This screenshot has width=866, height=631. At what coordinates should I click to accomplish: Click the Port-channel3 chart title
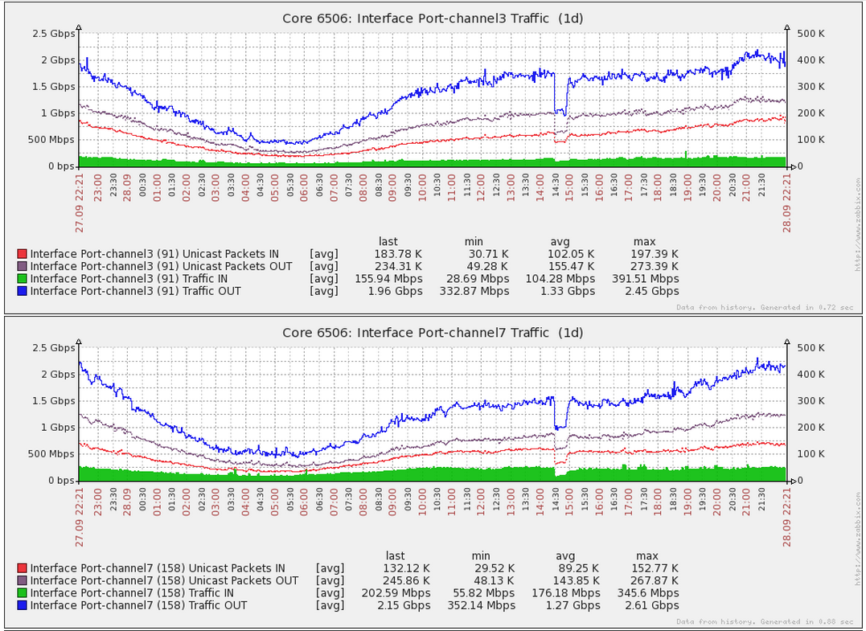click(433, 18)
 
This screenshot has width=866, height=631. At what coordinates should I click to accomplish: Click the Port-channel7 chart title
click(433, 332)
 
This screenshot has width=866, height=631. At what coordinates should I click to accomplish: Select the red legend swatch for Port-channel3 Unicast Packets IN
click(22, 255)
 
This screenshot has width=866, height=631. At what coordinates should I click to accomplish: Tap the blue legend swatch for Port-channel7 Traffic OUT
click(22, 606)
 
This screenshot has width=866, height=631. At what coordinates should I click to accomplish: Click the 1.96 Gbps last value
click(396, 292)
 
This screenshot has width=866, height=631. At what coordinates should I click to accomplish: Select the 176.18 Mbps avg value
click(568, 593)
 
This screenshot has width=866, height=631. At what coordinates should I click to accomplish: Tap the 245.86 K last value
click(405, 581)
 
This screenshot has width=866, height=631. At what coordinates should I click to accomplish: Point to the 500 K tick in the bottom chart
click(810, 348)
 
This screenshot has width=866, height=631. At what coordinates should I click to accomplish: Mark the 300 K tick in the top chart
click(810, 87)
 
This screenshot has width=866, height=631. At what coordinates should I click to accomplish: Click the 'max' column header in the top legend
click(645, 242)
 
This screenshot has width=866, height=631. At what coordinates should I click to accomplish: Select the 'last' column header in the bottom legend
click(396, 556)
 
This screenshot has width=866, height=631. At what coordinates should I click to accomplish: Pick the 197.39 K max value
click(655, 255)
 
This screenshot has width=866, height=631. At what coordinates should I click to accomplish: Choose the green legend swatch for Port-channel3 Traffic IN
click(22, 280)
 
